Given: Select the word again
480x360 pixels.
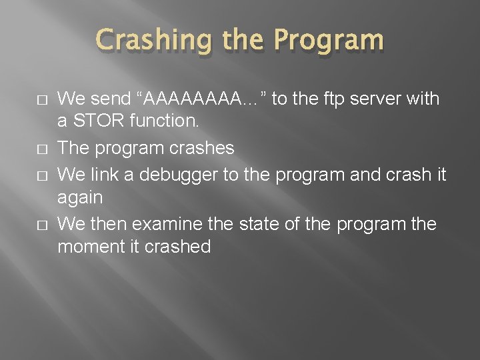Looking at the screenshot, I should click(80, 198).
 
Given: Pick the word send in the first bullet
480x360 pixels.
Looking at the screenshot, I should click(109, 99).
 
